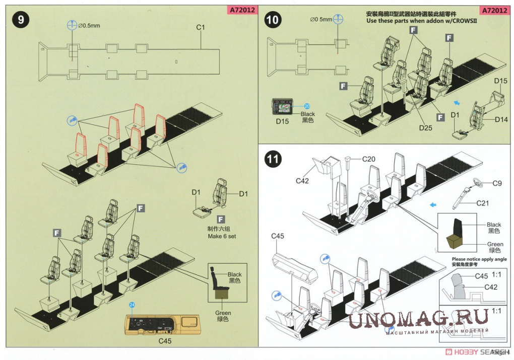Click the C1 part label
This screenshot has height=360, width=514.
click(x=201, y=28)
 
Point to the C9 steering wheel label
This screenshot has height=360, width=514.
click(x=496, y=183)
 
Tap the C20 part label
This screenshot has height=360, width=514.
click(x=369, y=159)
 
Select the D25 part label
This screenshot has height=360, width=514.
click(x=426, y=128)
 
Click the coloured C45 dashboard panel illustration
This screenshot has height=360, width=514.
click(x=162, y=324)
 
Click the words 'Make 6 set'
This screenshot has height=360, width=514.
click(x=222, y=236)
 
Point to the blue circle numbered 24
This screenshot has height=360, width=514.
click(x=133, y=305)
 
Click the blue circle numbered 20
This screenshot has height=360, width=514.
click(x=307, y=106)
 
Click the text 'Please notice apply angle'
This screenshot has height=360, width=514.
click(x=476, y=259)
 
